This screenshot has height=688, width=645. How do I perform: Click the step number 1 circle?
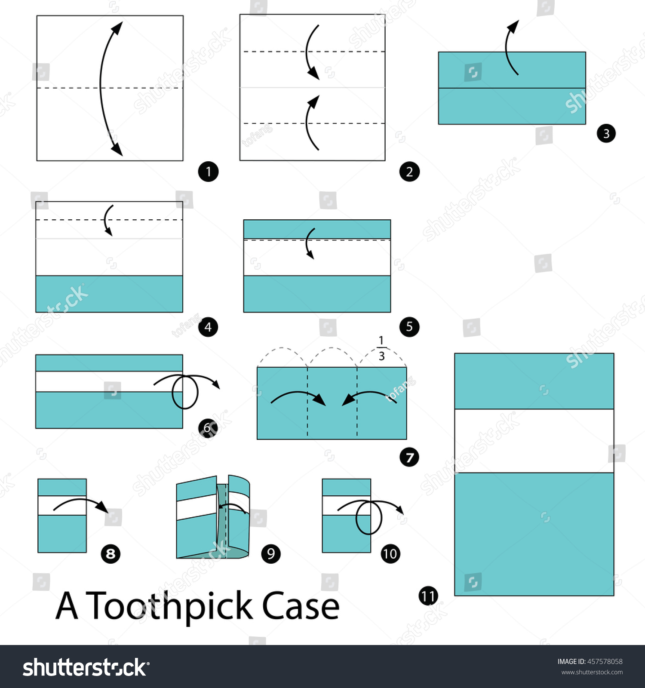pos(209,172)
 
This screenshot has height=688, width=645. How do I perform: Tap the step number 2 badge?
pos(409,172)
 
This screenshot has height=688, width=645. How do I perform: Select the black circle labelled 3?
pos(606,133)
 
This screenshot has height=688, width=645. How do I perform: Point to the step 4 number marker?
pos(208,327)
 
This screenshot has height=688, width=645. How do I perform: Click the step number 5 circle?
pos(409,327)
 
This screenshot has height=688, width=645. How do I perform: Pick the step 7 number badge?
pos(409,457)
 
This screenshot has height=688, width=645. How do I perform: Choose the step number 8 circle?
pos(111,553)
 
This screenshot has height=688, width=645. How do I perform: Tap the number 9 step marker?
pos(271,553)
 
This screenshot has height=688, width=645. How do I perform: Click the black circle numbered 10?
pos(390,553)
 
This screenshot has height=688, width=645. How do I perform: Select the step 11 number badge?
pos(428,596)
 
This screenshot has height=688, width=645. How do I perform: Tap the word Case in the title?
pos(301,605)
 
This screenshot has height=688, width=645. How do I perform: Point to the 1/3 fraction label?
pos(381,348)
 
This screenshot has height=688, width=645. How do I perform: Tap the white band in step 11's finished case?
pos(534,441)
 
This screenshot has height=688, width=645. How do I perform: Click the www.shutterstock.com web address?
pos(592,673)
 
